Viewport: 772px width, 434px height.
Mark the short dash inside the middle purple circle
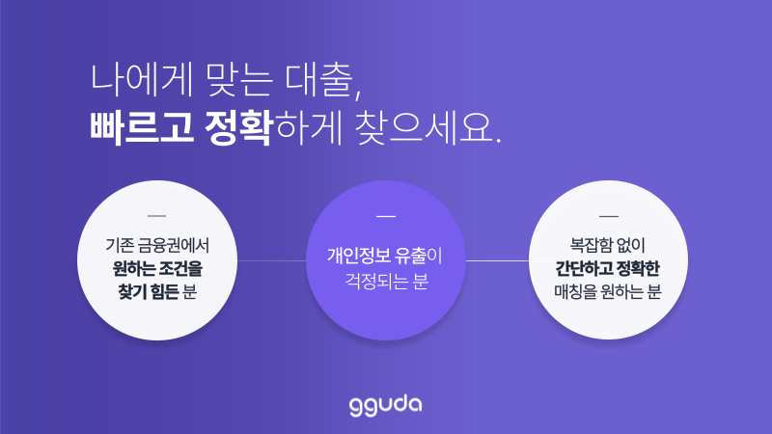386,214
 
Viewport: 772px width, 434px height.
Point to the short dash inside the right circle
609,214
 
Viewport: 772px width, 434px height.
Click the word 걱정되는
372,282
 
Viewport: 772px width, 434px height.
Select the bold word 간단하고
582,268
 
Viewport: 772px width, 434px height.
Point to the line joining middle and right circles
498,260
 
